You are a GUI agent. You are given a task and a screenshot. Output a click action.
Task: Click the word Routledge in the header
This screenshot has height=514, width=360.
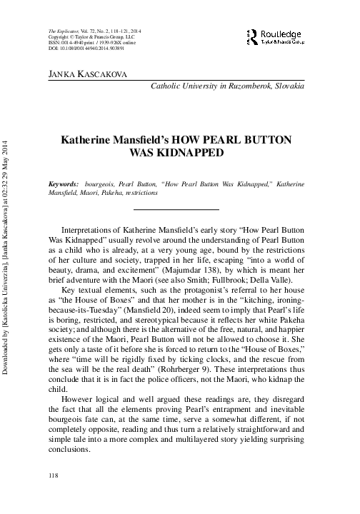(284, 32)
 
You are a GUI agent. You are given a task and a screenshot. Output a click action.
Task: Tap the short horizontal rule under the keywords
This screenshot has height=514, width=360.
(176, 209)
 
